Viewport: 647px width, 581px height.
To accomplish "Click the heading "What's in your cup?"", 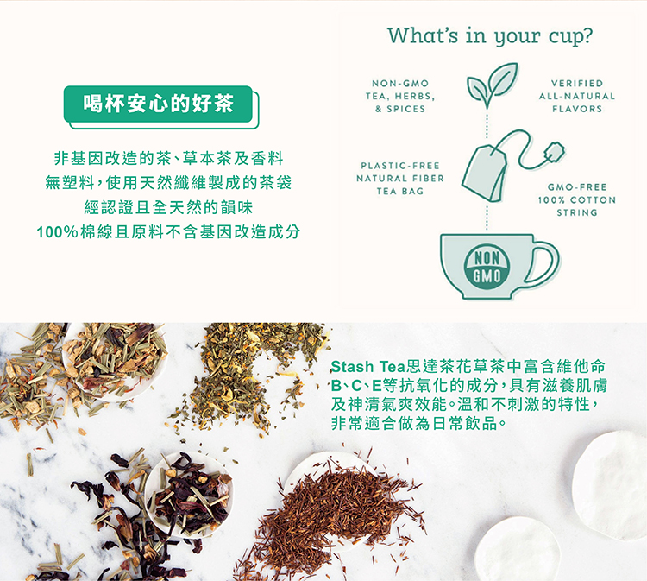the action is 490,36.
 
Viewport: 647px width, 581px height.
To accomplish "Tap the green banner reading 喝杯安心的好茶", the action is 158,104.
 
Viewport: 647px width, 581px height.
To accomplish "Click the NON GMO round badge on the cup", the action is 487,267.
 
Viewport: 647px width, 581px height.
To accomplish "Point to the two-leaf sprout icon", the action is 492,85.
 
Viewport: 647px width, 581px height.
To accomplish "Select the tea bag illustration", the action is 484,173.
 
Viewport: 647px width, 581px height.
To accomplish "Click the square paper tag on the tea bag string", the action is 554,151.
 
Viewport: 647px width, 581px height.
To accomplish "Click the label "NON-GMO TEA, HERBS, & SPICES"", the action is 400,96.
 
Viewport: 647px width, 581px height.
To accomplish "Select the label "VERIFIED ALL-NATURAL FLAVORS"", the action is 577,96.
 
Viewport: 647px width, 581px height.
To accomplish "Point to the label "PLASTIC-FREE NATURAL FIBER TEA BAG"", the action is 400,179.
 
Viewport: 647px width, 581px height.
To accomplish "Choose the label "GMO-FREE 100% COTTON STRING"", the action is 577,200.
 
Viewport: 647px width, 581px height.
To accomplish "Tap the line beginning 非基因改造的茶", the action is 168,158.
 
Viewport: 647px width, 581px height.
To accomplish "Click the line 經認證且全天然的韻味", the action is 168,207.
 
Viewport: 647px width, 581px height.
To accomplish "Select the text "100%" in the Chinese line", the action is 57,232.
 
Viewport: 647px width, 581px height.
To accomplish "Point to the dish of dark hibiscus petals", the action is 189,496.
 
